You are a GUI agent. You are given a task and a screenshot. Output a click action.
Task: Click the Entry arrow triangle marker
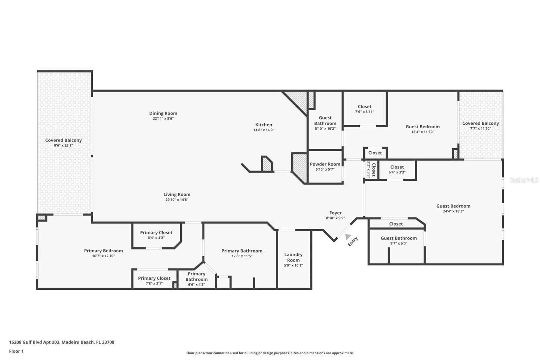(x=348, y=237)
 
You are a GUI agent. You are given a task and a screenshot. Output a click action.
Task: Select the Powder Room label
(x=325, y=164)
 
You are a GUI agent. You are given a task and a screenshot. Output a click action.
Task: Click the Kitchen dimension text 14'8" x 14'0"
(x=264, y=130)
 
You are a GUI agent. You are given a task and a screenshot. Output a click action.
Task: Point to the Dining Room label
(x=163, y=113)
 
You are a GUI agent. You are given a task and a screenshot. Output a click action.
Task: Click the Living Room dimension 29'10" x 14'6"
(x=177, y=200)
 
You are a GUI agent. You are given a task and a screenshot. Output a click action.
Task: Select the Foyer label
(x=335, y=213)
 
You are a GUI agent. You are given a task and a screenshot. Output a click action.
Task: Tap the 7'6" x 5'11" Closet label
(x=364, y=107)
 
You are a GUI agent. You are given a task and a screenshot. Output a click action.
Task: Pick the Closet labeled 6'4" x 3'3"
(x=397, y=167)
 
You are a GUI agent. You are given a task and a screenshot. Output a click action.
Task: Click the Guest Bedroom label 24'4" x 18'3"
(x=453, y=206)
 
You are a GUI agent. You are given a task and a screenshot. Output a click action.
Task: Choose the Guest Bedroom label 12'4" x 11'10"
(x=423, y=127)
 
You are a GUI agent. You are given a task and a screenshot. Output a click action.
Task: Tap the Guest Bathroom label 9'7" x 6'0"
(x=399, y=238)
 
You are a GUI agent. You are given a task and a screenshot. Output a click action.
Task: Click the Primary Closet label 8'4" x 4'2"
(x=156, y=233)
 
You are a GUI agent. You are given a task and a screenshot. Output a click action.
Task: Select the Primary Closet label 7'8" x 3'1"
(x=154, y=279)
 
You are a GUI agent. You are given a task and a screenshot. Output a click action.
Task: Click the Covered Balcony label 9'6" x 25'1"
(x=63, y=140)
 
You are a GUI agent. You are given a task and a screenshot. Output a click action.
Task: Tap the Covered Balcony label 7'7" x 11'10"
(x=481, y=124)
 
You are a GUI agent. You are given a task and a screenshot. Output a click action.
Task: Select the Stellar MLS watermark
(x=524, y=180)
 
